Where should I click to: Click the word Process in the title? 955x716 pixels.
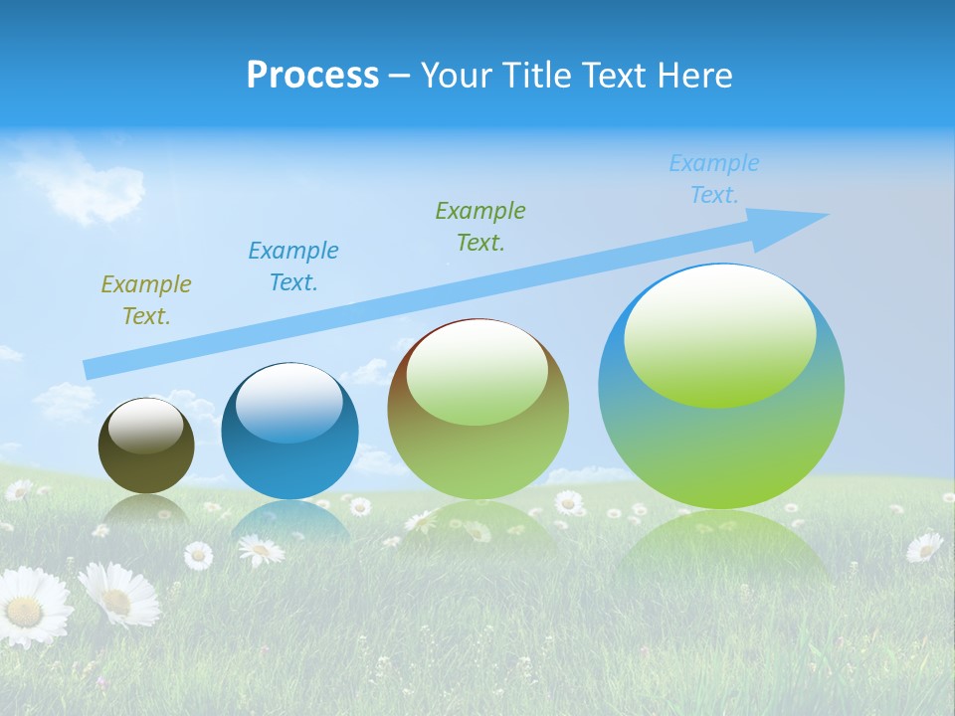coord(312,76)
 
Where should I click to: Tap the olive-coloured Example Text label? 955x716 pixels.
coord(146,300)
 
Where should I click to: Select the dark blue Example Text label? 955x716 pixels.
coord(293,267)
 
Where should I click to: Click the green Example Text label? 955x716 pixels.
coord(480,227)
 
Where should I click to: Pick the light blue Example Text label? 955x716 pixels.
coord(714,179)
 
